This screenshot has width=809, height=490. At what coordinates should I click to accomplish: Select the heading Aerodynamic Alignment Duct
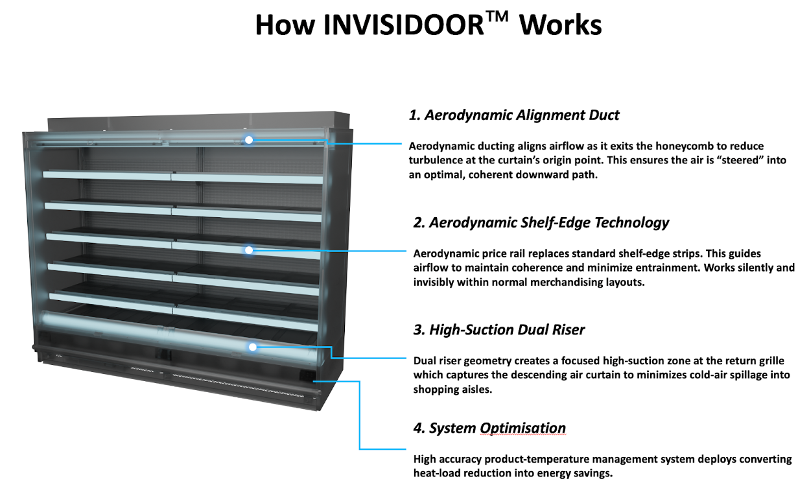pyautogui.click(x=522, y=115)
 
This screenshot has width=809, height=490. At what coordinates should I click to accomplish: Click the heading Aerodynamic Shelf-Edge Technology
pyautogui.click(x=549, y=223)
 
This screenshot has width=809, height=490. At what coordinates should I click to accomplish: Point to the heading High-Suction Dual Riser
pyautogui.click(x=507, y=330)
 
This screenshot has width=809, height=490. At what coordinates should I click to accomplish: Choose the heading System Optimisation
pyautogui.click(x=497, y=428)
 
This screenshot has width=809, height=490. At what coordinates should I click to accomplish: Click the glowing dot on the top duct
pyautogui.click(x=249, y=139)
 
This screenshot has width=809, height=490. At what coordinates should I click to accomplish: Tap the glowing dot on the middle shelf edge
pyautogui.click(x=248, y=250)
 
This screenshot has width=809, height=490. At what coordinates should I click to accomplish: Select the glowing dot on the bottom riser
pyautogui.click(x=253, y=347)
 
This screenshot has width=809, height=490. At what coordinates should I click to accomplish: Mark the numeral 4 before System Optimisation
pyautogui.click(x=419, y=428)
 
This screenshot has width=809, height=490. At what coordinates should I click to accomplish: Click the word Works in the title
pyautogui.click(x=561, y=25)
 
